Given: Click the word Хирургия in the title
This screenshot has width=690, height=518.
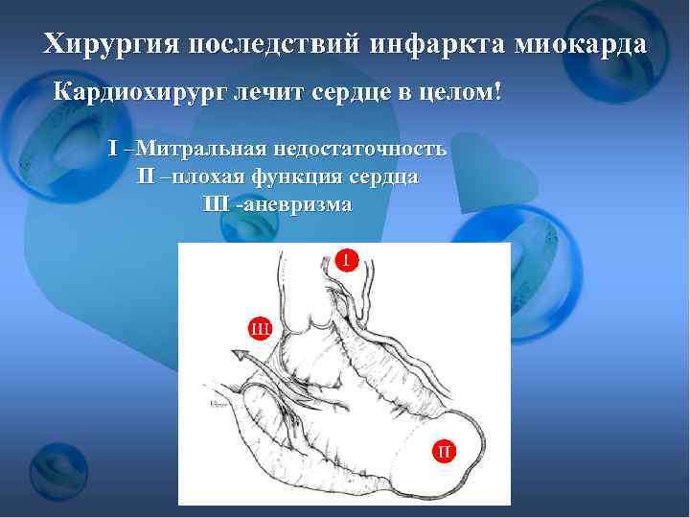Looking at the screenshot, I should tap(112, 44).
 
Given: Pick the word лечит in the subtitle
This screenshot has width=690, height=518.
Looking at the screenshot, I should tap(271, 94).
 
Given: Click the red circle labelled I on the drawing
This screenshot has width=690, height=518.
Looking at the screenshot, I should tap(347, 259).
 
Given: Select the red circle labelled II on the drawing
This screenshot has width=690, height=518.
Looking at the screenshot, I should tap(444, 449).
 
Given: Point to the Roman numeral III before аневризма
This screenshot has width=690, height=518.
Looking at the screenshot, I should tap(217, 204).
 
